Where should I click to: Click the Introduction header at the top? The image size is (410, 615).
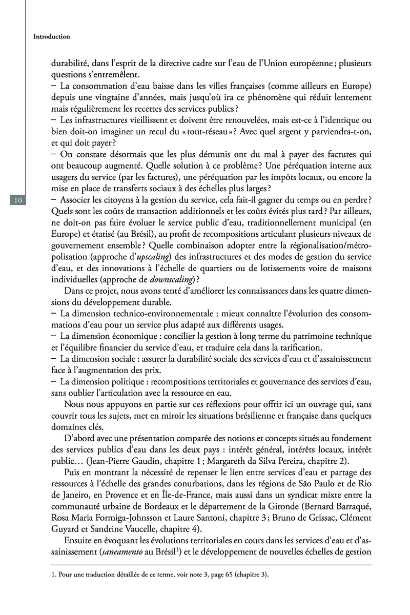tap(51, 37)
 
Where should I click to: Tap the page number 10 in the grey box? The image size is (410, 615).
tap(17, 200)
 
